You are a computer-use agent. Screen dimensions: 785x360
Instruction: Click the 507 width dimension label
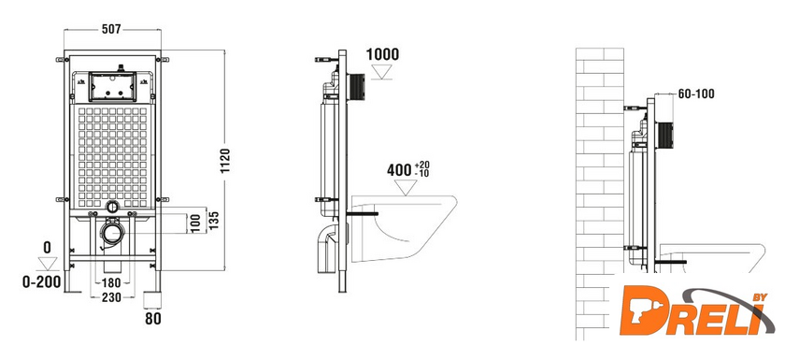click(111, 30)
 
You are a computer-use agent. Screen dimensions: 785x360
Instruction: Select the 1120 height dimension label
click(225, 161)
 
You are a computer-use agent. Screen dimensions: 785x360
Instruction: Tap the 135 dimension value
click(214, 220)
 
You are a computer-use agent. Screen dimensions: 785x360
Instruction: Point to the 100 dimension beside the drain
click(194, 223)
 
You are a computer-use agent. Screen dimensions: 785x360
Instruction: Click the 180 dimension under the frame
click(111, 283)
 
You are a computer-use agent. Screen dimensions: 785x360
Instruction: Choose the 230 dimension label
click(111, 297)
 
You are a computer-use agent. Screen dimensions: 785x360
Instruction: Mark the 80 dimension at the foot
click(152, 319)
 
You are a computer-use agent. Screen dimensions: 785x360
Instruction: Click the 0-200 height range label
click(41, 281)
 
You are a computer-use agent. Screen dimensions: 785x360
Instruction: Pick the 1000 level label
click(382, 54)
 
